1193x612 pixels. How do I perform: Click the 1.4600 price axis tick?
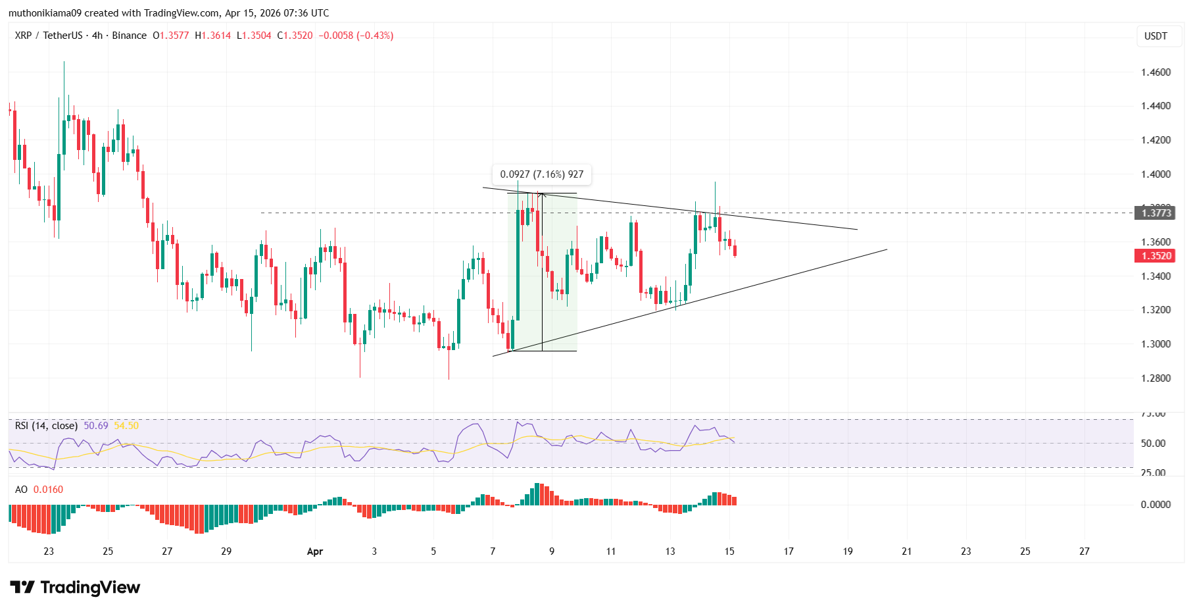(x=1156, y=72)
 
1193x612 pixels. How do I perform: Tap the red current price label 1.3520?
(x=1156, y=256)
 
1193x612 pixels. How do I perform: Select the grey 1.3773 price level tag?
(x=1156, y=213)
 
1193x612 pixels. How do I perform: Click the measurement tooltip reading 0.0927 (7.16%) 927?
(x=541, y=174)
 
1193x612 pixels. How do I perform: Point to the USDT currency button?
(x=1156, y=36)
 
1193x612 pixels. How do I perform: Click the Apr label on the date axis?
(x=315, y=551)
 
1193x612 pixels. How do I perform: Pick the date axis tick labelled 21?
(x=906, y=551)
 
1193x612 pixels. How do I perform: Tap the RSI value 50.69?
(x=96, y=426)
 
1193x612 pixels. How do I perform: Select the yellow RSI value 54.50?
(x=126, y=426)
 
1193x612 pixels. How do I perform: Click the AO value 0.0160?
(x=48, y=490)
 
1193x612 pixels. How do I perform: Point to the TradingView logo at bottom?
(x=75, y=587)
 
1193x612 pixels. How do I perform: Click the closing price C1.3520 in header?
(x=295, y=36)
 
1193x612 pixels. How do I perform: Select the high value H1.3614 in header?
(x=213, y=36)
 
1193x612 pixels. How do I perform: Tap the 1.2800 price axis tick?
(x=1156, y=378)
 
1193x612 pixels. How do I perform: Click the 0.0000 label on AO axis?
(x=1156, y=505)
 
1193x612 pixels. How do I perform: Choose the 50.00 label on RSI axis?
(x=1153, y=444)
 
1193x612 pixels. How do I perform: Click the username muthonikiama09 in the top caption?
(x=45, y=13)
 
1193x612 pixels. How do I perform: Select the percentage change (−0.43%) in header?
(x=375, y=36)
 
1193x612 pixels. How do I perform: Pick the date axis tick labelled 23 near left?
(x=49, y=551)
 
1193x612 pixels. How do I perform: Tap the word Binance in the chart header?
(x=129, y=36)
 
